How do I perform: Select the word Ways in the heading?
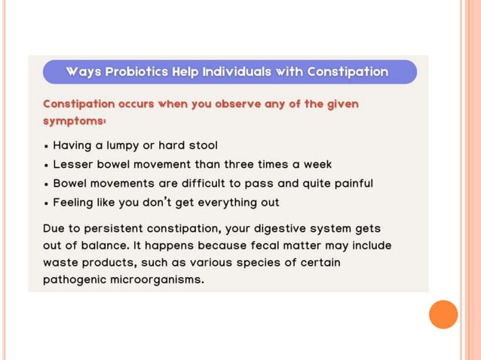tap(83, 72)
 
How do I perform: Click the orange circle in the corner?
tap(443, 314)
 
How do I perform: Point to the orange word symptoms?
tap(74, 121)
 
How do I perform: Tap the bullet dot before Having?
tap(47, 146)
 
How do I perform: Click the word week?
tap(317, 164)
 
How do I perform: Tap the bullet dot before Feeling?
tap(47, 203)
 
